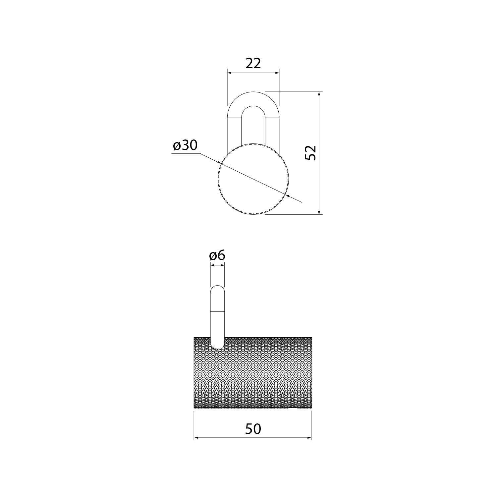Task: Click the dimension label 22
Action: pyautogui.click(x=253, y=63)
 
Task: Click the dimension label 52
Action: pyautogui.click(x=310, y=153)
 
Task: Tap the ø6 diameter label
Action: pyautogui.click(x=217, y=255)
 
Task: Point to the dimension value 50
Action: pyautogui.click(x=253, y=429)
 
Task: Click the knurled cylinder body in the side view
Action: pyautogui.click(x=253, y=373)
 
